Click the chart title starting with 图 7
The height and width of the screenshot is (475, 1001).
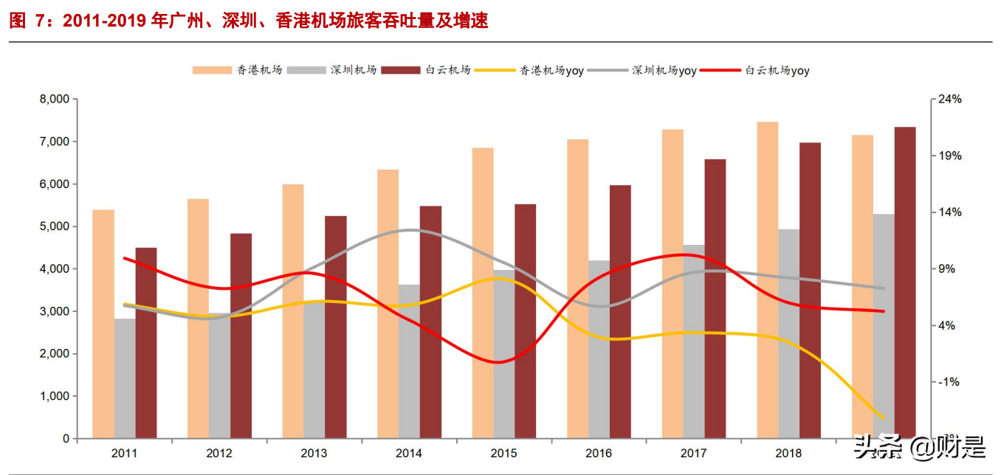249,21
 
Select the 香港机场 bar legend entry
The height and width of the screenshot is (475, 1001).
237,70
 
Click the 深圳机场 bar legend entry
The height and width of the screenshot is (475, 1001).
331,70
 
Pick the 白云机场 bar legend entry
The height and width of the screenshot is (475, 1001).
426,70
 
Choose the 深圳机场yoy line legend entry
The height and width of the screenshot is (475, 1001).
642,71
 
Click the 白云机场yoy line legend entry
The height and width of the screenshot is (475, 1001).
754,71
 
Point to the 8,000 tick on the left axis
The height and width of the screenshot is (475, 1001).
53,100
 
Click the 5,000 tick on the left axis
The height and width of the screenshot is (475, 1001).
53,226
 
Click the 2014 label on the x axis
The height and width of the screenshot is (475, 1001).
408,453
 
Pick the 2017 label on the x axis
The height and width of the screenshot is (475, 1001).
693,453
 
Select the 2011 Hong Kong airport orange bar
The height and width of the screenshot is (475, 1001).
103,325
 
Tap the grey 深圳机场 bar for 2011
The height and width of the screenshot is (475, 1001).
125,378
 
